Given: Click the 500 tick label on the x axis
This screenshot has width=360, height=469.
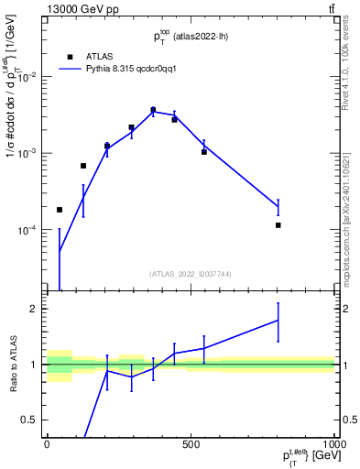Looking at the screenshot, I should point(191,444).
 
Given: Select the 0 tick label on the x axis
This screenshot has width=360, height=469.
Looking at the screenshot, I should point(47,444).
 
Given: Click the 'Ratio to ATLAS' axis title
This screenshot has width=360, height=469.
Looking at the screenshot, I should point(12,365).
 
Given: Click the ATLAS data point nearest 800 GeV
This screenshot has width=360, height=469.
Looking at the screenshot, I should point(278,224).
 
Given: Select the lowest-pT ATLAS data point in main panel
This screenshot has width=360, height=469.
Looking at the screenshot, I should point(60,210).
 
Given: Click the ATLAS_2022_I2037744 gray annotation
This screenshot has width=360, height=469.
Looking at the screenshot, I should point(190,274).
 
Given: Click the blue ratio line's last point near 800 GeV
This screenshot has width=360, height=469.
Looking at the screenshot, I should point(278,320).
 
